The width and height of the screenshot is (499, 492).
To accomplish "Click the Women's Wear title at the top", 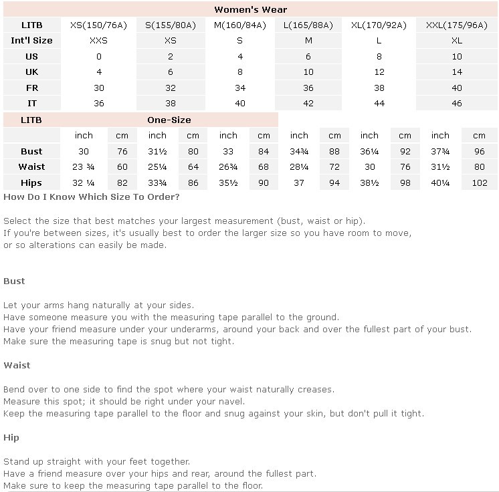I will [250, 9].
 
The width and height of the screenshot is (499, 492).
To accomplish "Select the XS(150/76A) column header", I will [98, 25].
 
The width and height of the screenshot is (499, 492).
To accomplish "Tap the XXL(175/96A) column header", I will [457, 25].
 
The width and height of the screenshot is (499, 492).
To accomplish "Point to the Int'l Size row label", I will [31, 41].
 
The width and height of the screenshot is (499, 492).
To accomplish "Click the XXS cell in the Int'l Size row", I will [98, 41].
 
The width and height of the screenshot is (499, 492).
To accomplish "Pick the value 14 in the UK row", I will [457, 72].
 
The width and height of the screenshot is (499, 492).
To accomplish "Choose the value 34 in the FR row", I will [240, 88].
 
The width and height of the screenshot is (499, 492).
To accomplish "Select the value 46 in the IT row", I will [457, 104].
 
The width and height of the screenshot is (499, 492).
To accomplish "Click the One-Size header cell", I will [169, 120].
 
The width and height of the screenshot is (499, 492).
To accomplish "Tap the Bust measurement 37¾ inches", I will [440, 152].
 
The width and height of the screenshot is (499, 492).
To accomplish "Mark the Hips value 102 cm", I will [479, 183].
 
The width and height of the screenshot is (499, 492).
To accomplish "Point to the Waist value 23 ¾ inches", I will [84, 167].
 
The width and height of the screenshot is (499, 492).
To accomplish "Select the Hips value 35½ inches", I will [228, 183].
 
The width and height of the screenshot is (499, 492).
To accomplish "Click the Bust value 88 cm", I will [334, 152].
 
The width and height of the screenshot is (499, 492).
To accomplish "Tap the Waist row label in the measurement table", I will [31, 167].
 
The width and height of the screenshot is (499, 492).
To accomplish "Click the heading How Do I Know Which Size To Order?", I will [92, 197].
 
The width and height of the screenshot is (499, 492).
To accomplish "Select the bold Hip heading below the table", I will [11, 437].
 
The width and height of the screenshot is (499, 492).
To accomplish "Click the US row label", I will [31, 57].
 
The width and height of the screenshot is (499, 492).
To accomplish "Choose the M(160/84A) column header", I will [240, 25].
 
